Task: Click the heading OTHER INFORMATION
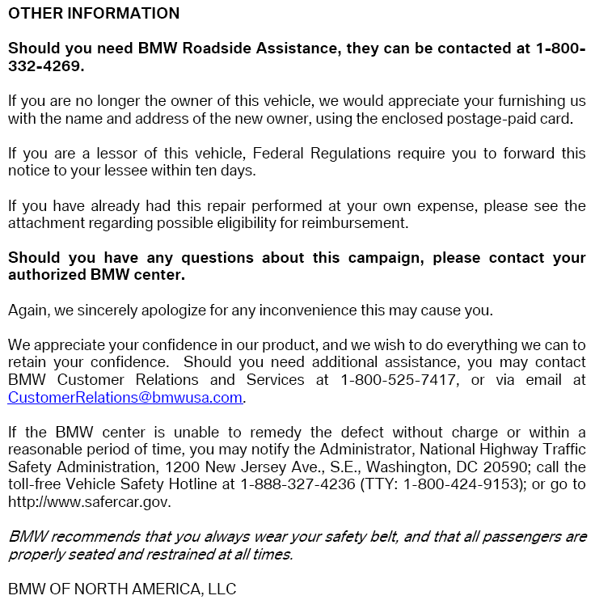(94, 14)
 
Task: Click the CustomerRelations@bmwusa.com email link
(125, 397)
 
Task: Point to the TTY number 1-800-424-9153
(462, 484)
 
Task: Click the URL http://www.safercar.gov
(89, 502)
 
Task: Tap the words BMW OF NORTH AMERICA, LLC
(122, 589)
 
